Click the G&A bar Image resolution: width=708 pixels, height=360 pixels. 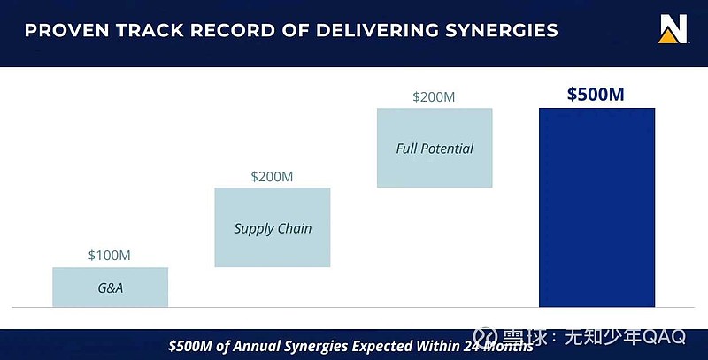click(110, 287)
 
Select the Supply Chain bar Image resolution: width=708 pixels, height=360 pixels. click(273, 227)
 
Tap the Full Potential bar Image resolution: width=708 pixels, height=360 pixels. click(435, 148)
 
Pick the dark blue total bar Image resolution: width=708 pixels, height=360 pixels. click(596, 208)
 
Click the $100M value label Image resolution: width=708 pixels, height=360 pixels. click(109, 256)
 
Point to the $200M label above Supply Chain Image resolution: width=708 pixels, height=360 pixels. click(272, 176)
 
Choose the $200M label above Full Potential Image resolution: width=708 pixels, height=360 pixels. click(434, 97)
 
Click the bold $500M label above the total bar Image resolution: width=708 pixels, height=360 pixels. click(596, 95)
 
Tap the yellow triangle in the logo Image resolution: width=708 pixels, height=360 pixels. click(668, 36)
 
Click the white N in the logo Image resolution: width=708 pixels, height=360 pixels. click(673, 27)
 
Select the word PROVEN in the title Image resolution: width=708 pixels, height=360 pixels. click(67, 31)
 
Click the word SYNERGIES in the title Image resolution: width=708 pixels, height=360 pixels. click(502, 31)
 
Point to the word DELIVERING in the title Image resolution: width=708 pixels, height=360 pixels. click(377, 31)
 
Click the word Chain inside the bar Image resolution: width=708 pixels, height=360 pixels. click(294, 228)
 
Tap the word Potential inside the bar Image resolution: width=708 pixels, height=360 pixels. click(447, 149)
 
